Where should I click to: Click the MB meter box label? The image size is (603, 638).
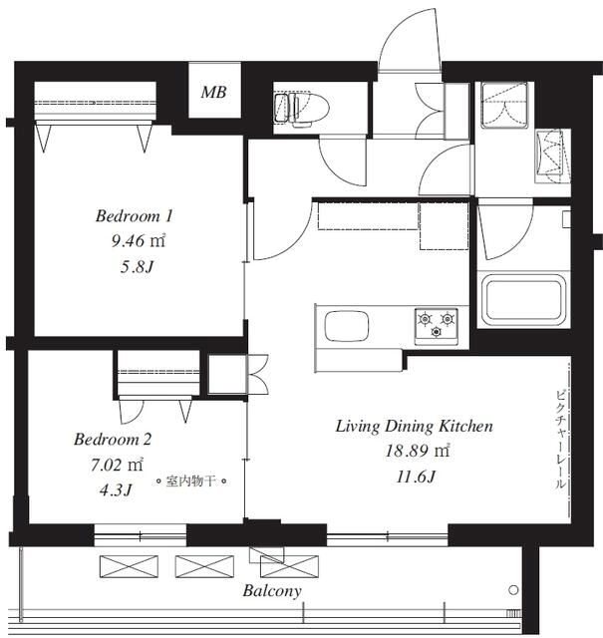213,92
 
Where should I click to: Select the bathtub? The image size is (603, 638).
523,299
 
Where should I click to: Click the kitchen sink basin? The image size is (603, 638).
347,326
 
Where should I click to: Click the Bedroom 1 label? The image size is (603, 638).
135,215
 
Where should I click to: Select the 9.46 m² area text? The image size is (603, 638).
139,241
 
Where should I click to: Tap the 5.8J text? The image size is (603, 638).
137,267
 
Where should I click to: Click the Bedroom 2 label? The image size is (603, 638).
113,439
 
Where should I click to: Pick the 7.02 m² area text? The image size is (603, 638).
117,465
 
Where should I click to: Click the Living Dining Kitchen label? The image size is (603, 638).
415,426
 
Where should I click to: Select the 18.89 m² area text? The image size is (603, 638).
417,451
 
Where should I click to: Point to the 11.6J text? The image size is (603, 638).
417,477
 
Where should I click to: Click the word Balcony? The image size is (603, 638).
272,591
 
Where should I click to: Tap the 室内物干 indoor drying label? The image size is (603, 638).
191,481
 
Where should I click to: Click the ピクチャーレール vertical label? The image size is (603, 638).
560,440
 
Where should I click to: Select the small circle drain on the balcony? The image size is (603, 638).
514,590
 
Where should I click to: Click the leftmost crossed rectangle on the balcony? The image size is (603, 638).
129,567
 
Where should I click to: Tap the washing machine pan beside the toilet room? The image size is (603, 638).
505,105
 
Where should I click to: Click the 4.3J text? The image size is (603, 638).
116,490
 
